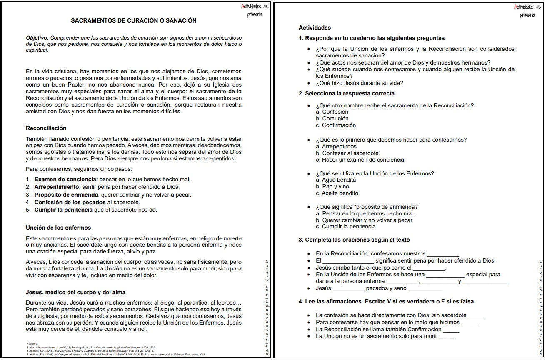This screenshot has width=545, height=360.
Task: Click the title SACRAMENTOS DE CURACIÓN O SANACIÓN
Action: pyautogui.click(x=133, y=20)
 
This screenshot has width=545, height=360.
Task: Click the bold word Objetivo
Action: pyautogui.click(x=37, y=37)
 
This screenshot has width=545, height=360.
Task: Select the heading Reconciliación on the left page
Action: pyautogui.click(x=46, y=128)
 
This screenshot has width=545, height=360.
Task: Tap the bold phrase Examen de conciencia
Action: pyautogui.click(x=59, y=180)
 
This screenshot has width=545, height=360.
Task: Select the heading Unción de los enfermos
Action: pyautogui.click(x=58, y=228)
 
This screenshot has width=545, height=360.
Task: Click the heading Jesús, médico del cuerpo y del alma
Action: pyautogui.click(x=75, y=292)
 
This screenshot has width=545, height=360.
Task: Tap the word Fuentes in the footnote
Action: pyautogui.click(x=32, y=344)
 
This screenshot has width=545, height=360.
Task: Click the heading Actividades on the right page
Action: pyautogui.click(x=315, y=27)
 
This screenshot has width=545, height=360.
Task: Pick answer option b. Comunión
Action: pyautogui.click(x=332, y=119)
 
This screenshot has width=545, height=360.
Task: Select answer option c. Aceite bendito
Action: pyautogui.click(x=337, y=193)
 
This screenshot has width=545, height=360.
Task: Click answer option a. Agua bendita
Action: pyautogui.click(x=336, y=180)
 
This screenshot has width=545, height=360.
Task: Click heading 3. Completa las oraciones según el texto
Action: pyautogui.click(x=354, y=240)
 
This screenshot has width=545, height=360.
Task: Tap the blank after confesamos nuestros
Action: pyautogui.click(x=443, y=254)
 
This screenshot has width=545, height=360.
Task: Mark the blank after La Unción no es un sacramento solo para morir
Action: pyautogui.click(x=447, y=336)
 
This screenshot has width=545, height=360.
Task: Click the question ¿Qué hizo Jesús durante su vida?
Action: pyautogui.click(x=359, y=83)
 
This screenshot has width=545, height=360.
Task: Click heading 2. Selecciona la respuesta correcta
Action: pyautogui.click(x=346, y=93)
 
